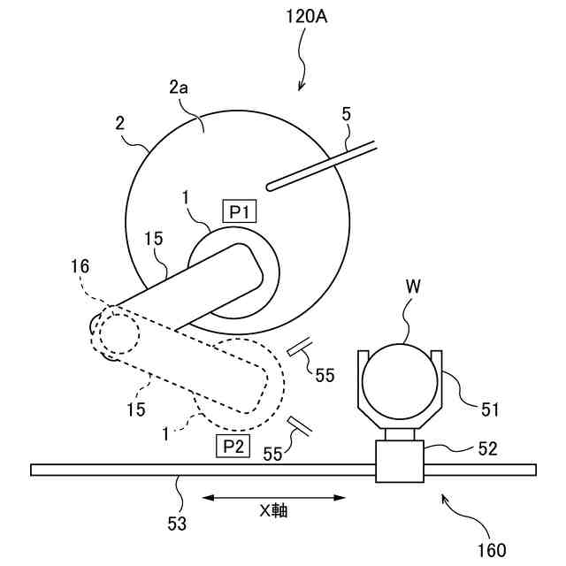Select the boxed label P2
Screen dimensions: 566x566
point(232,446)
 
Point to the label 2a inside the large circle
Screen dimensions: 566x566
point(180,88)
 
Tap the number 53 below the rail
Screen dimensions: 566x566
point(177,523)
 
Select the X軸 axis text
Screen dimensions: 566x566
point(273,510)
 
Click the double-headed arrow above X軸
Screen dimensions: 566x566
point(273,498)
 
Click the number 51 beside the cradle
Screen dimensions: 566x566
point(491,409)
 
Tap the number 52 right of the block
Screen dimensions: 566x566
point(488,449)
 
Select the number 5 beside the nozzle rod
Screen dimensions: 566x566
point(347,114)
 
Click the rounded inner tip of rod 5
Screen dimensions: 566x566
point(272,184)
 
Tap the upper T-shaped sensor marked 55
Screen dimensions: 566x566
point(300,348)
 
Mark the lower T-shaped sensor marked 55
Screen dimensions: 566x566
point(300,425)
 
